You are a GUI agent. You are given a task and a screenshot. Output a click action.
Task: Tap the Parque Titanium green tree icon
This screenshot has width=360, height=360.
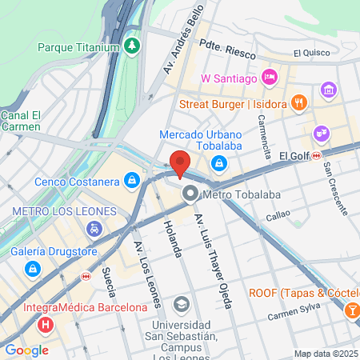[132, 47]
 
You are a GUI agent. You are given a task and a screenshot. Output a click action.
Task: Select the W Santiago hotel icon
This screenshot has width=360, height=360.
[270, 78]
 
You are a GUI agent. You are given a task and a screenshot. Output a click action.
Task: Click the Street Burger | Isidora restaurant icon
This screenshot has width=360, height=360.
[298, 102]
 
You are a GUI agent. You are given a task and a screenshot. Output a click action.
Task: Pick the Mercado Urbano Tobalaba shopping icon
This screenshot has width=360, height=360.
[218, 162]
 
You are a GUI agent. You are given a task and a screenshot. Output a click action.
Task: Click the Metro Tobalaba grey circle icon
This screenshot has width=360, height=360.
[190, 193]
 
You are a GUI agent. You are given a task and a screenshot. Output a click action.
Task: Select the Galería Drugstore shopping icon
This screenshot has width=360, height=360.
[32, 267]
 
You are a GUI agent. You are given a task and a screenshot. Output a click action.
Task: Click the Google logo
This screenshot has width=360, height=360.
[26, 350]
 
